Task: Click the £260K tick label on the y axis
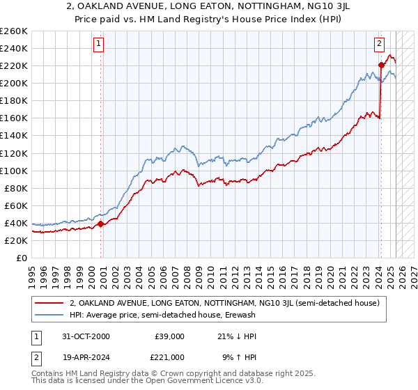[14, 31]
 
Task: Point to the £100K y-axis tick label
[14, 171]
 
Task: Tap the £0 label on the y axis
[21, 258]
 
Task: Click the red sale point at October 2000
[100, 224]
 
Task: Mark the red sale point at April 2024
[381, 65]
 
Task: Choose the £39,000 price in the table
[169, 336]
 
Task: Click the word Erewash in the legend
[240, 315]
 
